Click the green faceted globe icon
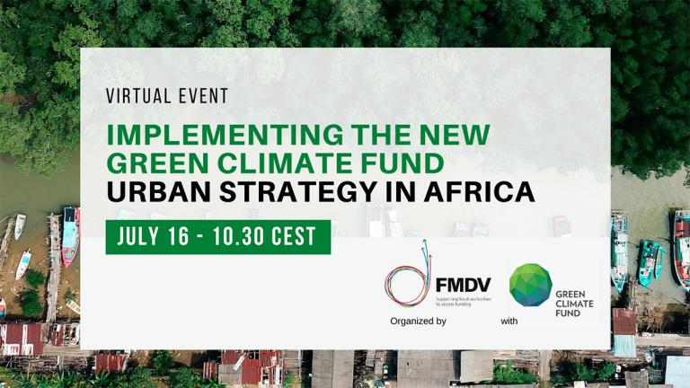point(531,285)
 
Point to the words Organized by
point(418,320)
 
